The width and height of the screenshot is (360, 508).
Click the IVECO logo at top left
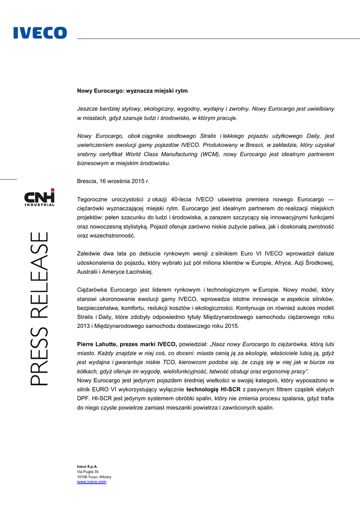[40, 33]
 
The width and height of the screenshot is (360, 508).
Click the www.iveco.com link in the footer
[91, 482]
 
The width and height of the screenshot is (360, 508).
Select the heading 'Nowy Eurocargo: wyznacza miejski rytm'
[132, 91]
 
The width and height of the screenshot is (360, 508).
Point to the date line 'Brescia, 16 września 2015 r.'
[113, 181]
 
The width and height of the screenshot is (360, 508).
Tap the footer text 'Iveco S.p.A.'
[87, 466]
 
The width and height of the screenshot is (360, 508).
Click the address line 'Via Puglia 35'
[88, 471]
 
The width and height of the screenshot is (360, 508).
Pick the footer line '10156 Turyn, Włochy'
[94, 477]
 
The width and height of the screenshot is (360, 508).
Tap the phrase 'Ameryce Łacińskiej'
[127, 271]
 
